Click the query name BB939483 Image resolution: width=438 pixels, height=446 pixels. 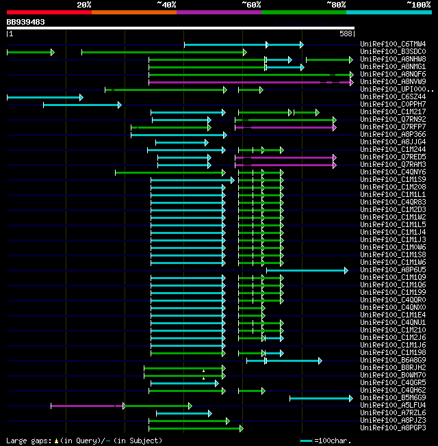[x=26, y=22]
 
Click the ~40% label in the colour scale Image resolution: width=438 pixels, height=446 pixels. [x=166, y=5]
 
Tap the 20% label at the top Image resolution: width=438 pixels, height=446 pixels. [x=84, y=5]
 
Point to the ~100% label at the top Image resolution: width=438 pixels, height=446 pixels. [x=419, y=5]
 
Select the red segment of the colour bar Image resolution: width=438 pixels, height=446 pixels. [x=49, y=12]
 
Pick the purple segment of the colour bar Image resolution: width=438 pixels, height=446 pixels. [x=218, y=12]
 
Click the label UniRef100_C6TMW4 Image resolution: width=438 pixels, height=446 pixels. [x=393, y=44]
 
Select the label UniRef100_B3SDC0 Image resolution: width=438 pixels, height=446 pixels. [x=393, y=51]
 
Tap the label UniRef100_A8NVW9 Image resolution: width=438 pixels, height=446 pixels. [x=393, y=81]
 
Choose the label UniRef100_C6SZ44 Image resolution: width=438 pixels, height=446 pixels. [x=393, y=96]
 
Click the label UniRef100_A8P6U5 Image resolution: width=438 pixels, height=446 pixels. [x=393, y=270]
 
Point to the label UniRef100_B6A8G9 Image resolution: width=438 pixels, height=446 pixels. [x=393, y=360]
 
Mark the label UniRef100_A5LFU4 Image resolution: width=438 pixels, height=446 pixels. [x=393, y=405]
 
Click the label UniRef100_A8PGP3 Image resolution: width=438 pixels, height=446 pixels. [x=393, y=428]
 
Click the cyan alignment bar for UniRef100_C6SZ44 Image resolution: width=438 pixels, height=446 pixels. [x=44, y=97]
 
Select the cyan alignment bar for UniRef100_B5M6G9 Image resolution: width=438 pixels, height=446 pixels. [x=320, y=397]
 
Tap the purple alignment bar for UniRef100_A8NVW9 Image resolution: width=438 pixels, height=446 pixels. [x=250, y=82]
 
